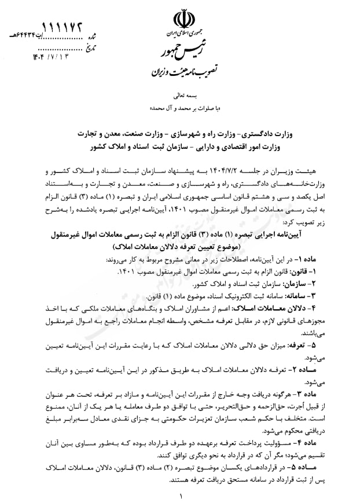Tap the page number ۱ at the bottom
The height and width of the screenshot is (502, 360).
tap(182, 496)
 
